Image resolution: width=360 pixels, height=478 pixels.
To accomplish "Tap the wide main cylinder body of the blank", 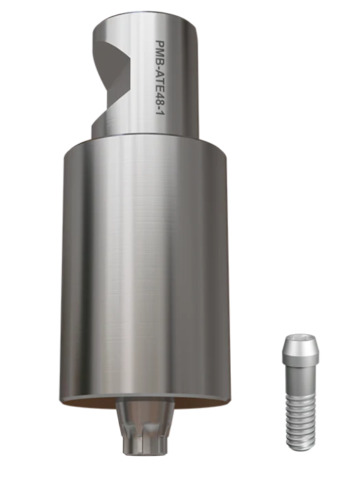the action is point(146,268).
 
